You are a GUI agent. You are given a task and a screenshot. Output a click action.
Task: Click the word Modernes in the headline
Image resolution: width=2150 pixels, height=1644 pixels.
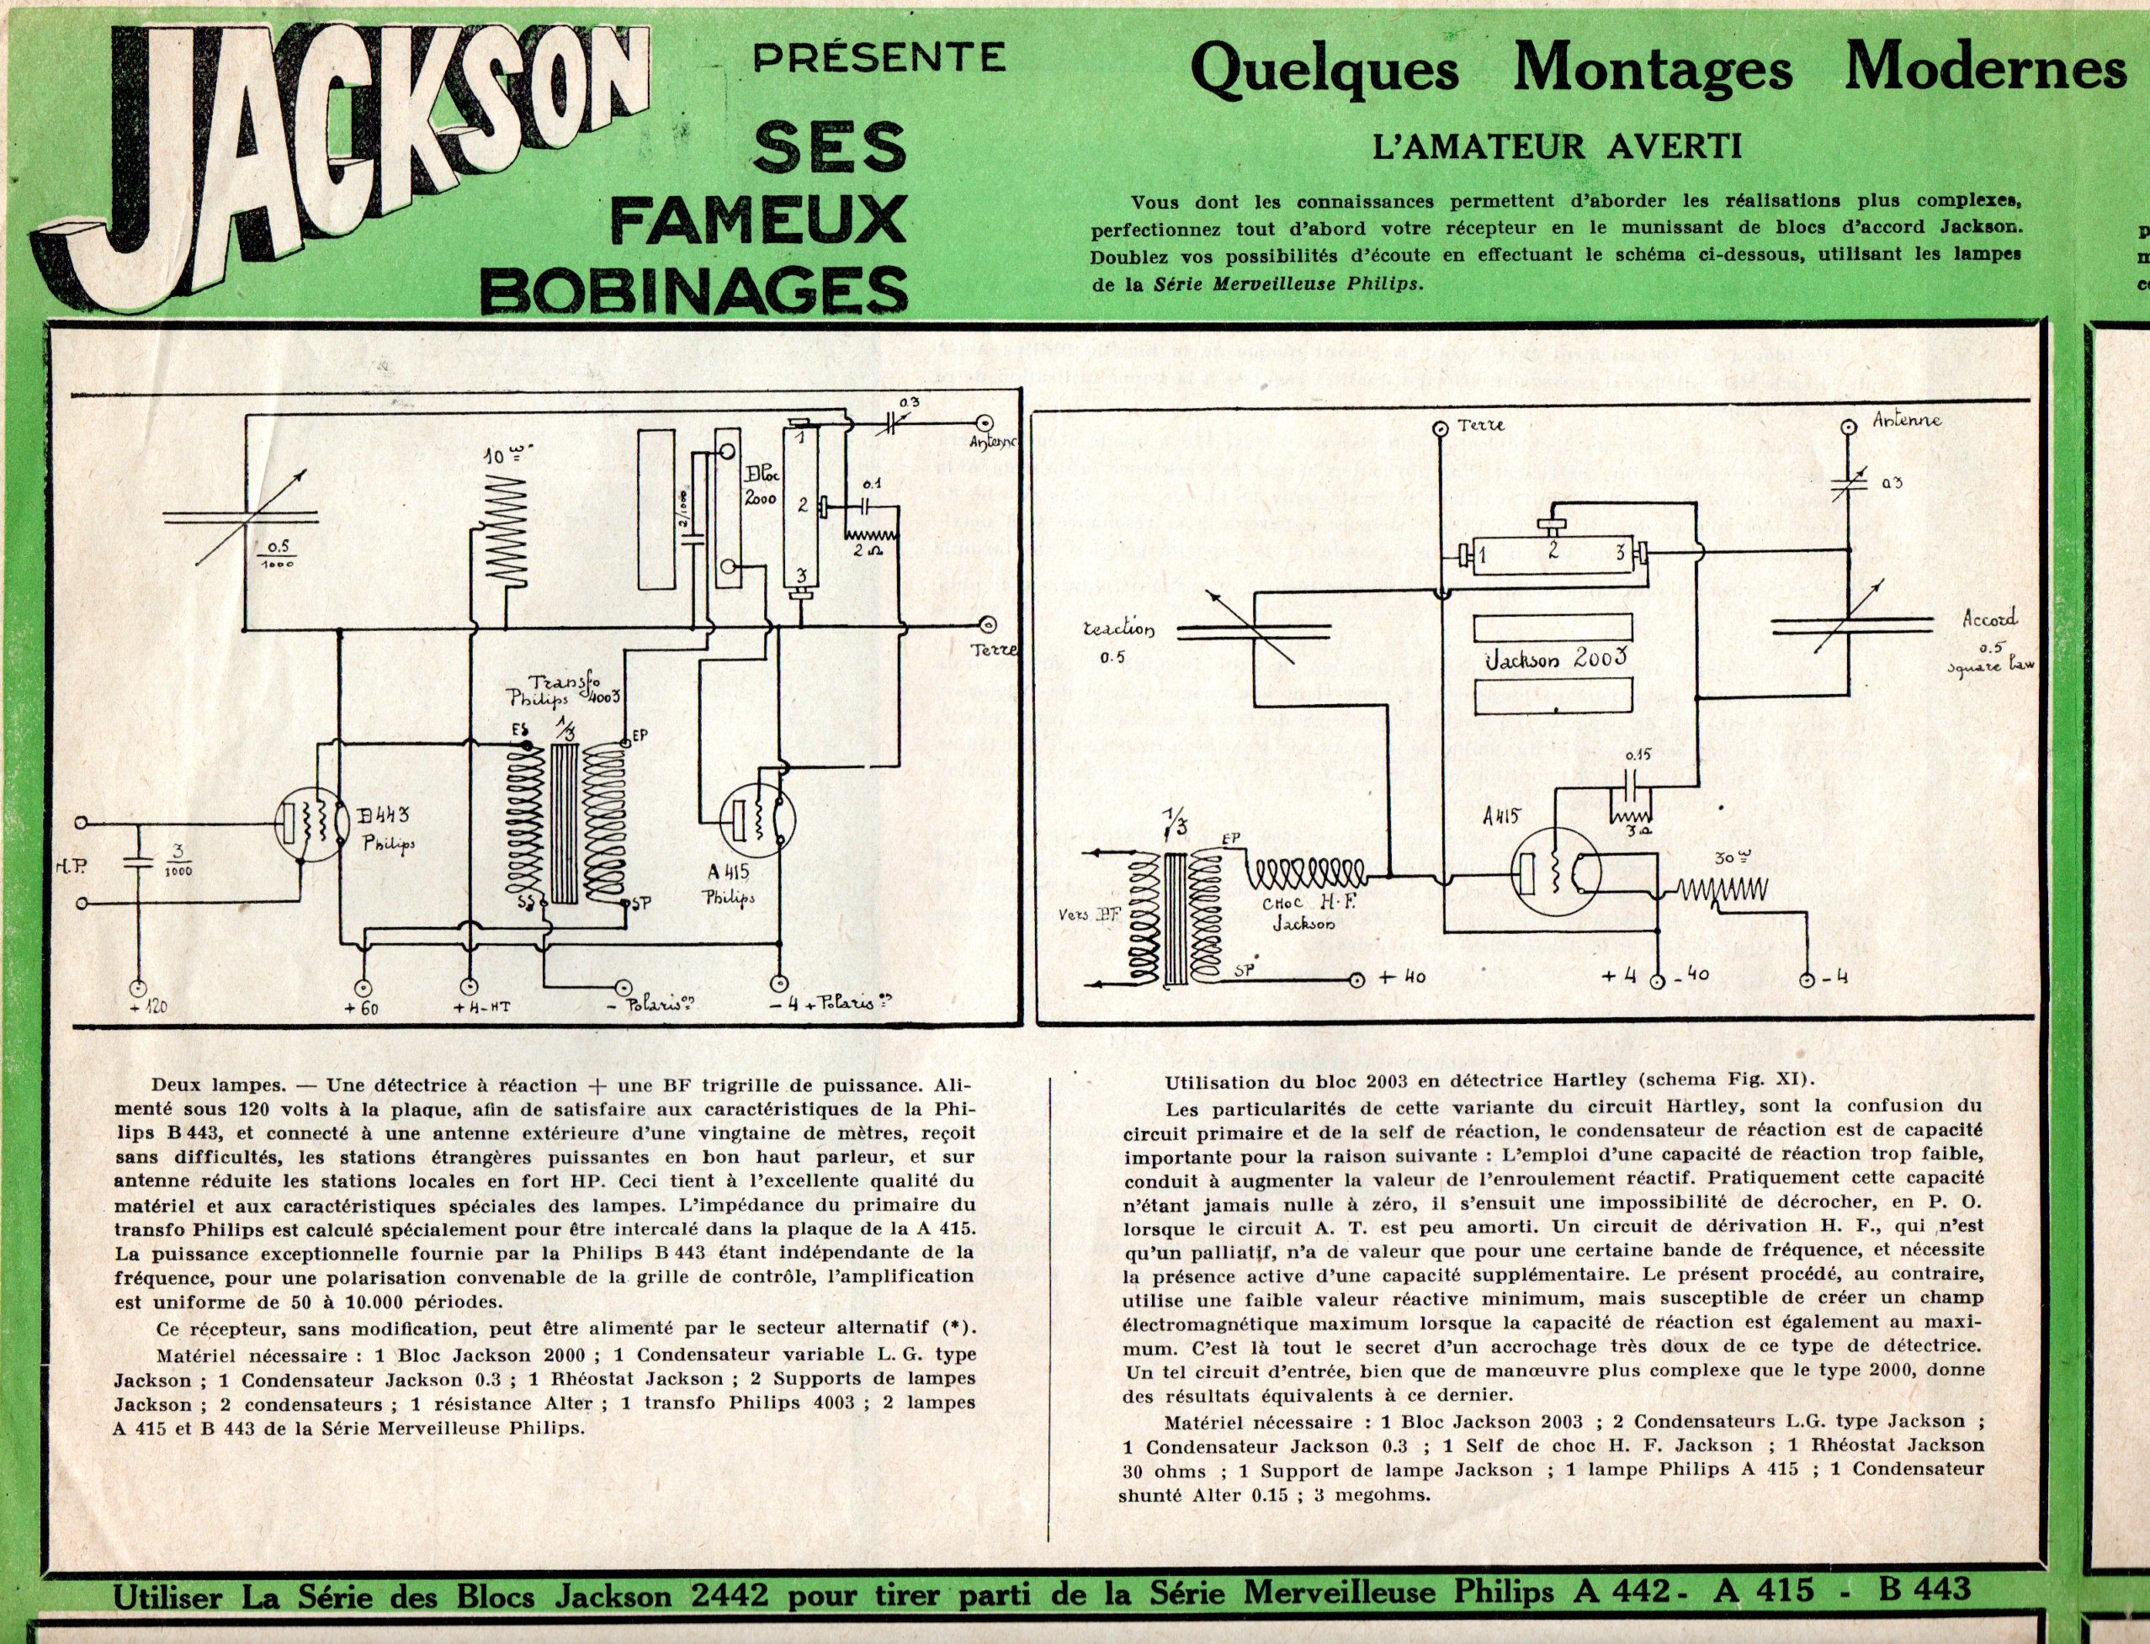(1986, 68)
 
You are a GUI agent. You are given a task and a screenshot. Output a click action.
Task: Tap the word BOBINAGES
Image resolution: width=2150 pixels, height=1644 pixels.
(696, 290)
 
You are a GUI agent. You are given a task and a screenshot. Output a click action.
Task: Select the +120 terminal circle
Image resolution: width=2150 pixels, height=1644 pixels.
(138, 989)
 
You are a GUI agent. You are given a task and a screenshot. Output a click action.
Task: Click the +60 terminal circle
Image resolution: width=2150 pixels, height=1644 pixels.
(362, 988)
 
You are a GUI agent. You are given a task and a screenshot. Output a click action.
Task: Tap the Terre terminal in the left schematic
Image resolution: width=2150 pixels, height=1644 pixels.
(989, 625)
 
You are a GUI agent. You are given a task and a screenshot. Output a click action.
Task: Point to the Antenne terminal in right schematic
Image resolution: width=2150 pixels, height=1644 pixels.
(1848, 427)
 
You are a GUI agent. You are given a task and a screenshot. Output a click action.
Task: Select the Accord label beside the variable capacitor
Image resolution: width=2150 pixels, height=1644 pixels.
(1989, 618)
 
